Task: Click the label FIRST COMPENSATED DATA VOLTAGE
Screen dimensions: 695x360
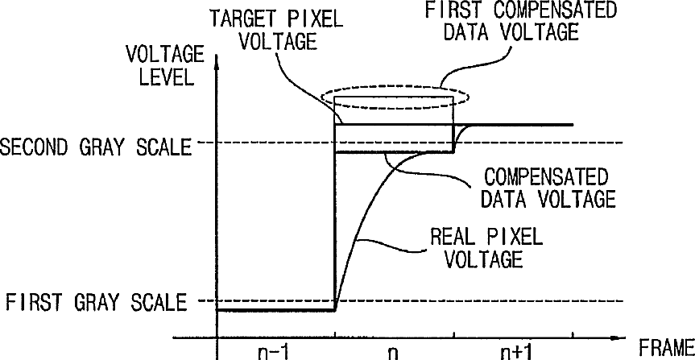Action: (x=521, y=21)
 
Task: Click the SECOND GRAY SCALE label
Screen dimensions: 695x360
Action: (x=95, y=147)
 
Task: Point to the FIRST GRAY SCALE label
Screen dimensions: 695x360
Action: (x=96, y=303)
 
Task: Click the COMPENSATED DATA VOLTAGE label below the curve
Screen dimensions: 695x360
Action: (x=548, y=188)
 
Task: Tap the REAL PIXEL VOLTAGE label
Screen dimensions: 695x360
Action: (x=486, y=248)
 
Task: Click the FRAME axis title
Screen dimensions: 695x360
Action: (x=666, y=348)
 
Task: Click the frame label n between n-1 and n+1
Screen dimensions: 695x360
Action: (x=393, y=354)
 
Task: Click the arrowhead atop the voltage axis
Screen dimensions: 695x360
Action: (x=217, y=60)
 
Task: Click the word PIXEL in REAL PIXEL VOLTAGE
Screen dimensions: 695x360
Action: (x=515, y=238)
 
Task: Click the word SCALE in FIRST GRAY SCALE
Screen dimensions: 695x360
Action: (x=159, y=303)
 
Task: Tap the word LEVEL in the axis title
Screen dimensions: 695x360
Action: (x=166, y=77)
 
